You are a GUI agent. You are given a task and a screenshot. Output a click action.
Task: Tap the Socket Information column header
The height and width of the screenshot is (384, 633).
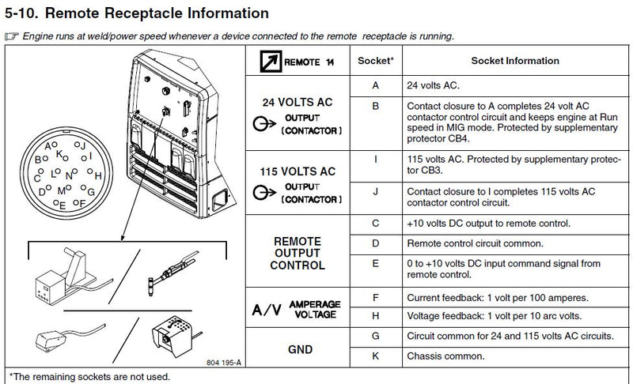point(514,61)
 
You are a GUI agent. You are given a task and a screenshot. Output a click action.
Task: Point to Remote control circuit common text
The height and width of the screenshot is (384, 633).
point(474,243)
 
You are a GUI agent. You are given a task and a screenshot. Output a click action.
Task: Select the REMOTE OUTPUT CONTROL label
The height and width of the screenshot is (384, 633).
point(298,253)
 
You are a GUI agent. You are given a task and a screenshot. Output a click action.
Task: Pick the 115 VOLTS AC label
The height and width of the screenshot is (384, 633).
point(298,171)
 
